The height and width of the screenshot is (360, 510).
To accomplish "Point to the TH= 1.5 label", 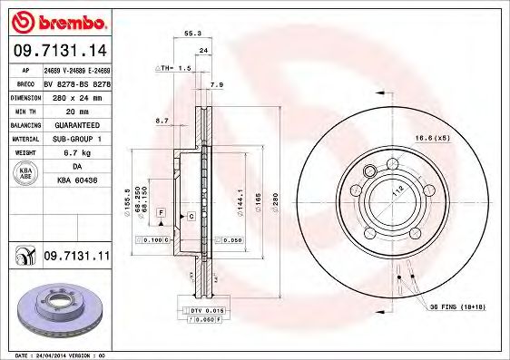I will coord(174,68).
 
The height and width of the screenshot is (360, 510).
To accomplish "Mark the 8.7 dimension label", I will coord(162,120).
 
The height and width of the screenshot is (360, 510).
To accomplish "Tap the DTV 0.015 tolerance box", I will coord(208,311).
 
